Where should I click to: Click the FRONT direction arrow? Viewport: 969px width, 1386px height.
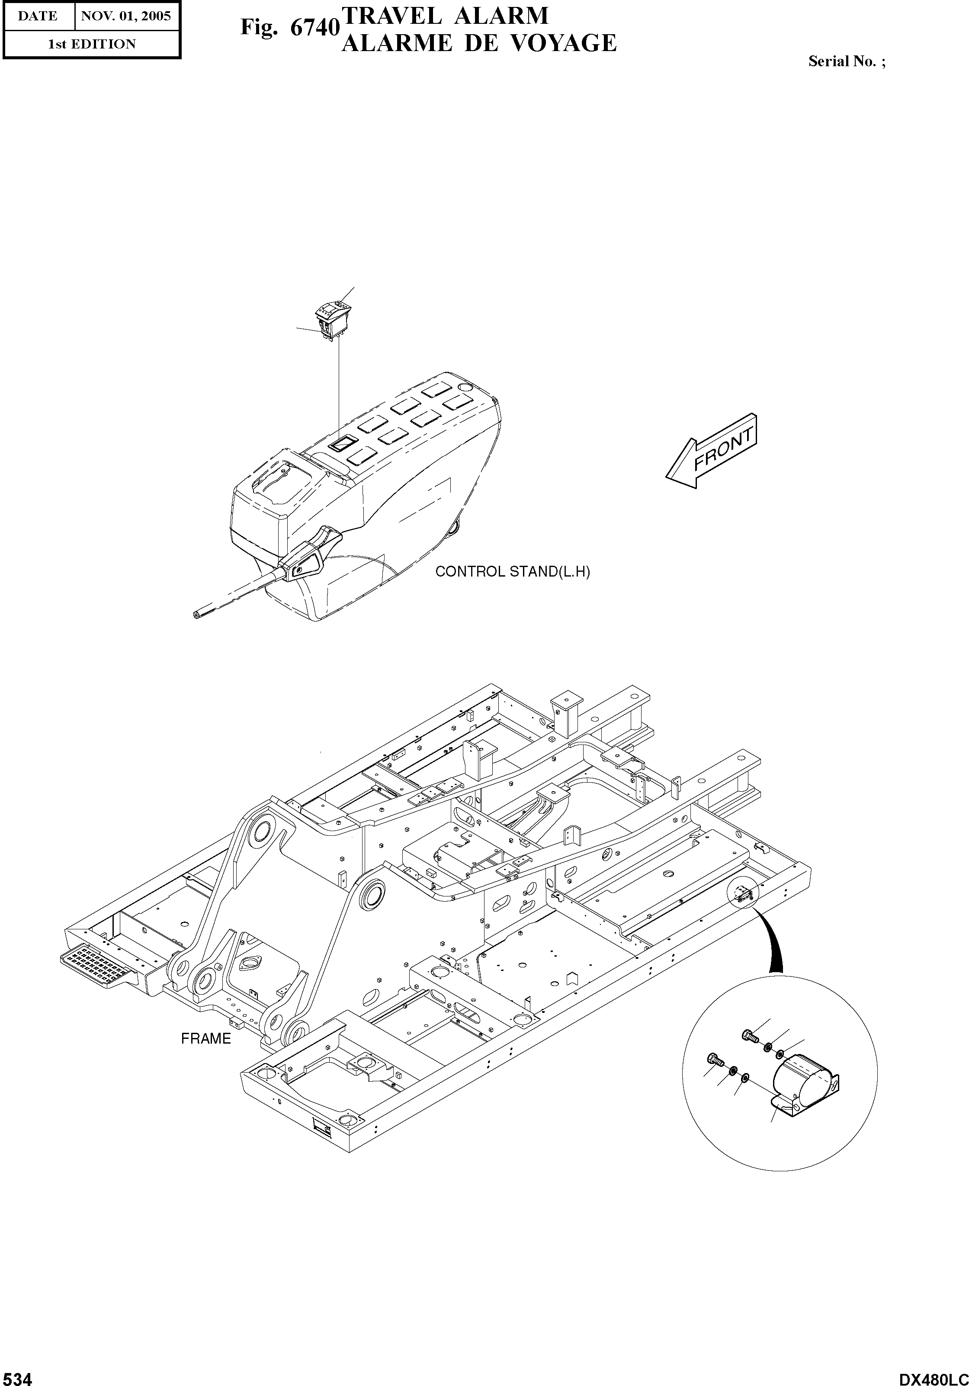click(x=712, y=451)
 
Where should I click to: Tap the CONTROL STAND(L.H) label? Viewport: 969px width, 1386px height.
click(x=512, y=572)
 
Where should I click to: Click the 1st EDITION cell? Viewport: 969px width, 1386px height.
click(x=92, y=44)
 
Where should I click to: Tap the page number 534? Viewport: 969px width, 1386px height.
click(x=16, y=1375)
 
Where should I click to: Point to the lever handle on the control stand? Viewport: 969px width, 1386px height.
click(x=308, y=554)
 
